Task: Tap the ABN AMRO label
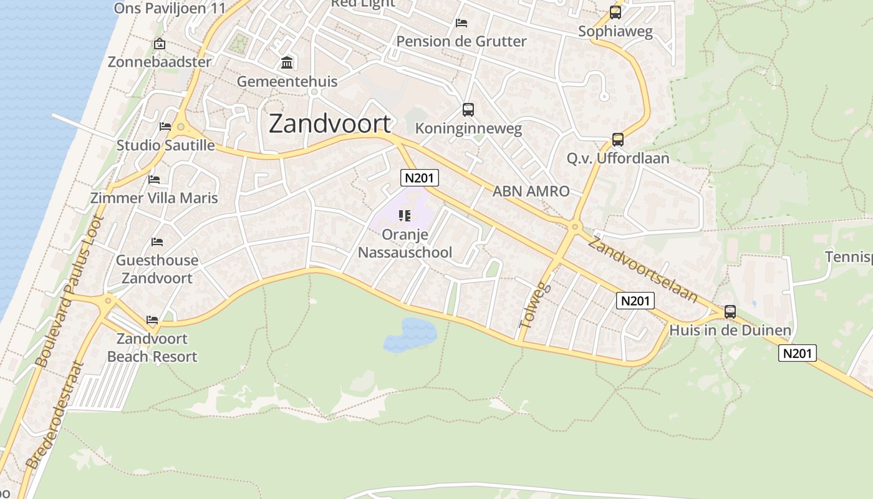[x=531, y=191]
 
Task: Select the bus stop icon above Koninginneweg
[x=468, y=110]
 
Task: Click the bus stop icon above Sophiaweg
[x=615, y=12]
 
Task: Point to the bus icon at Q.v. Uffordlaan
[x=618, y=140]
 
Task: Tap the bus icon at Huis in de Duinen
[x=730, y=311]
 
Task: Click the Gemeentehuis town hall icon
[x=287, y=62]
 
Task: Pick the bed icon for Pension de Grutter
[x=461, y=23]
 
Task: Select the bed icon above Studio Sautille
[x=165, y=127]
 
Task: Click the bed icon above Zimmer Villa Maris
[x=154, y=180]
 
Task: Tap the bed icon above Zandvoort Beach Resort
[x=152, y=320]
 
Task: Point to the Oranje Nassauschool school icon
[x=404, y=216]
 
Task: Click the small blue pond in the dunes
[x=411, y=334]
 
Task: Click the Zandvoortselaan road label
[x=642, y=269]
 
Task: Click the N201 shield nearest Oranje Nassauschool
[x=419, y=178]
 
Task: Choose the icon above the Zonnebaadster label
[x=160, y=44]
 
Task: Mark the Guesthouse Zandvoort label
[x=157, y=269]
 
